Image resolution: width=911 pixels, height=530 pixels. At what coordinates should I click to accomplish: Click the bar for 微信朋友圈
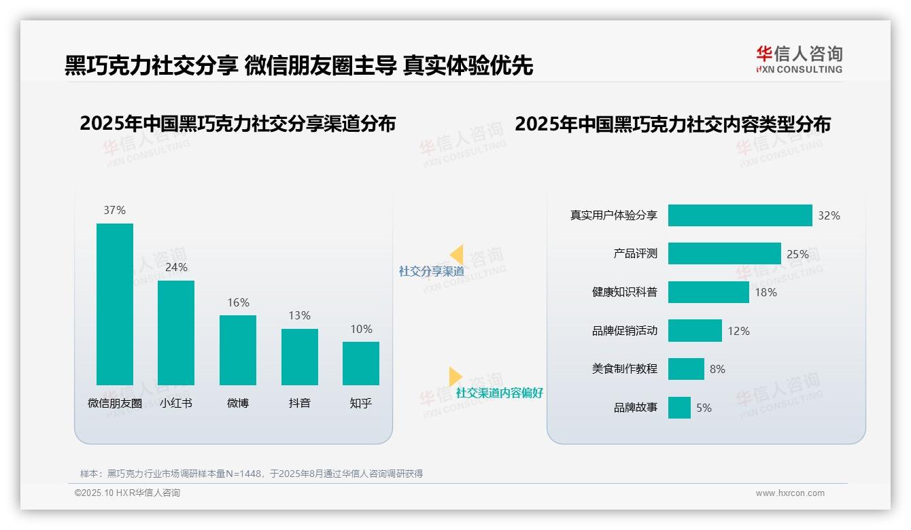tap(115, 304)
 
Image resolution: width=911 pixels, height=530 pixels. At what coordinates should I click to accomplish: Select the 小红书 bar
tap(176, 332)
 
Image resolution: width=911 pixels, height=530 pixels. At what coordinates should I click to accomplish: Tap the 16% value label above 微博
tap(238, 303)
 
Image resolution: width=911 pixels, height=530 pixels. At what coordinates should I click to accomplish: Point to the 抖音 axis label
tap(299, 403)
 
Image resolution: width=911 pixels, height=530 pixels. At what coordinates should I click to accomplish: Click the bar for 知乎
tap(360, 363)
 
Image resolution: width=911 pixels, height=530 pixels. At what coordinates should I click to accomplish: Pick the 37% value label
tap(114, 211)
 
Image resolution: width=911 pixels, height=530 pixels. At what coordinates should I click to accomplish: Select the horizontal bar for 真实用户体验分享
tap(740, 215)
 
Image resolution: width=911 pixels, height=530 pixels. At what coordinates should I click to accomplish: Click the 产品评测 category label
tap(635, 253)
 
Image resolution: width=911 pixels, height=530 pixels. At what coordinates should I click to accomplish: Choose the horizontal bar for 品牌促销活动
tap(695, 331)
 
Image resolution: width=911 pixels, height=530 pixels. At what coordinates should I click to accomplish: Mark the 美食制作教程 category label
tap(624, 369)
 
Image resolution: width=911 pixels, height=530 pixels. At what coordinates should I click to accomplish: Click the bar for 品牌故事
tap(679, 408)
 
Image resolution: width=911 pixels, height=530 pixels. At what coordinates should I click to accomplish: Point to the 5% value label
tap(704, 408)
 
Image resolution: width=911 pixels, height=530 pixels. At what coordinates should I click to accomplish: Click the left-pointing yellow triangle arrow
tap(457, 255)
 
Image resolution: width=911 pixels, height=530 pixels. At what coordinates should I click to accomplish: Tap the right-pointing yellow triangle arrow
tap(455, 376)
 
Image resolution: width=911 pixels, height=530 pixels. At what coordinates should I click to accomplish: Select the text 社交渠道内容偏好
tap(499, 393)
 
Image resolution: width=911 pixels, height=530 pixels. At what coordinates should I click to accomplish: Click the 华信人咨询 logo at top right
tap(799, 60)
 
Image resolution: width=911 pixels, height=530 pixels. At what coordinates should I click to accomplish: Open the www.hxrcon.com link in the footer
tap(789, 493)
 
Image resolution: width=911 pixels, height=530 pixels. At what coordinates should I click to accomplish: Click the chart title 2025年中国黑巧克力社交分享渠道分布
tap(237, 124)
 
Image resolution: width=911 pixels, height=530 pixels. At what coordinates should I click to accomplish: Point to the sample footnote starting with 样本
tap(252, 474)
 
